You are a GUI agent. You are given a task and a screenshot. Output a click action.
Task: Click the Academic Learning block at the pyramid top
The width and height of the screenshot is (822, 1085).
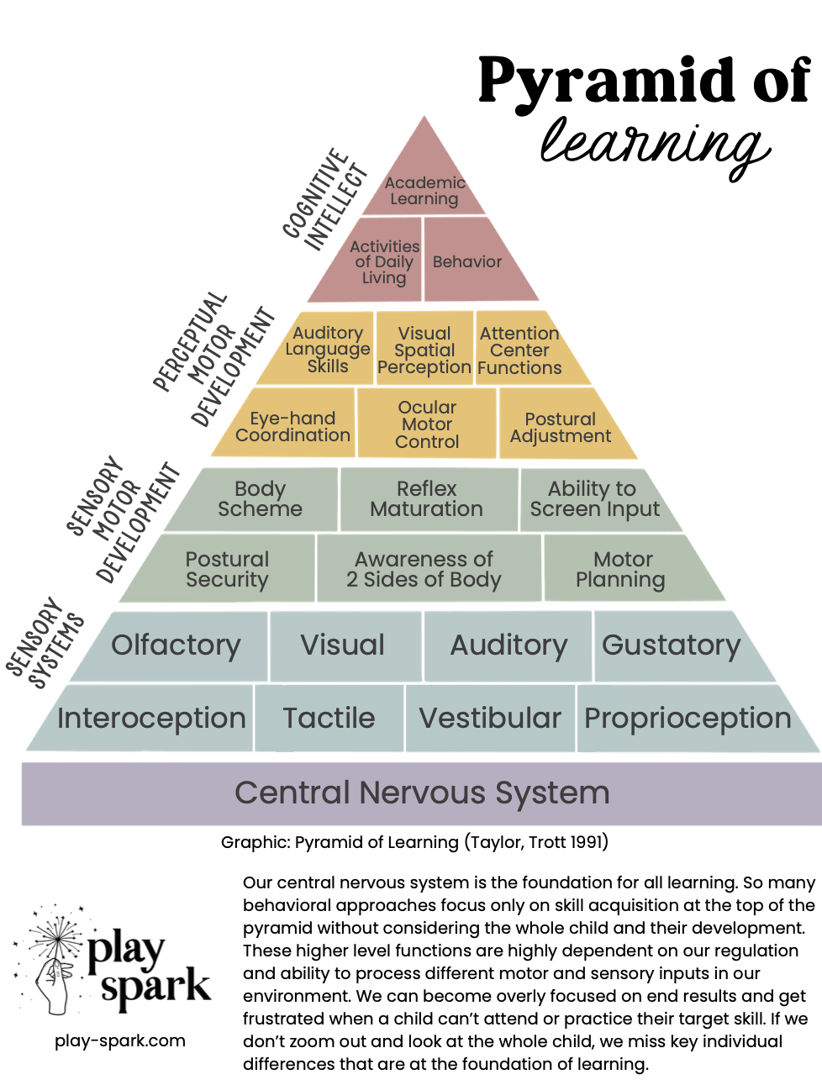tap(424, 190)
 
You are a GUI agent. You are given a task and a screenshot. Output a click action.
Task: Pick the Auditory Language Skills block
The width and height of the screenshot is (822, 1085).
tap(328, 350)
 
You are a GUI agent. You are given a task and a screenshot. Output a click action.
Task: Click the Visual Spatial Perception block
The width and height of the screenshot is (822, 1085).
tap(424, 350)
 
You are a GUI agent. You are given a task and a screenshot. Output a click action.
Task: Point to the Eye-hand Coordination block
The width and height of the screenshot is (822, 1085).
tap(292, 426)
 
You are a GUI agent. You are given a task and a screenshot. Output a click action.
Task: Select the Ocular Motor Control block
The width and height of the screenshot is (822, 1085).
tap(427, 424)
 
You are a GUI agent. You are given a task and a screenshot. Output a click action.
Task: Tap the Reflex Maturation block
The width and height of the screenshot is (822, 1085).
tap(427, 499)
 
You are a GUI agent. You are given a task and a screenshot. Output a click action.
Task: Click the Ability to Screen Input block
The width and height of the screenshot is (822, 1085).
tap(593, 499)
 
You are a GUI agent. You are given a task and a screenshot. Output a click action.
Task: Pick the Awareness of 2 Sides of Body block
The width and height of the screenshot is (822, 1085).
tap(424, 569)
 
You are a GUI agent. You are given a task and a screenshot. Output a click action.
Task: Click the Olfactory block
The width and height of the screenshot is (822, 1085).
tap(176, 645)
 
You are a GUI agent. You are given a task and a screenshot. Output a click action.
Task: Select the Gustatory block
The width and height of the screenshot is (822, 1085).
tap(672, 645)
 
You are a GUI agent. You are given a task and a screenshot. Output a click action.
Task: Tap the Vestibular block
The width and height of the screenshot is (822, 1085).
tap(490, 719)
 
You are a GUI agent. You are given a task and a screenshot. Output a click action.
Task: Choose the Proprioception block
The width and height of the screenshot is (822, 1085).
tap(688, 719)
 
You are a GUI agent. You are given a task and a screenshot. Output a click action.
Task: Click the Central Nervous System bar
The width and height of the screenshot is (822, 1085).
tap(422, 793)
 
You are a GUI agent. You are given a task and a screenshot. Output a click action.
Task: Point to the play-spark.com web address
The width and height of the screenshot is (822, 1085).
tap(120, 1040)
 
